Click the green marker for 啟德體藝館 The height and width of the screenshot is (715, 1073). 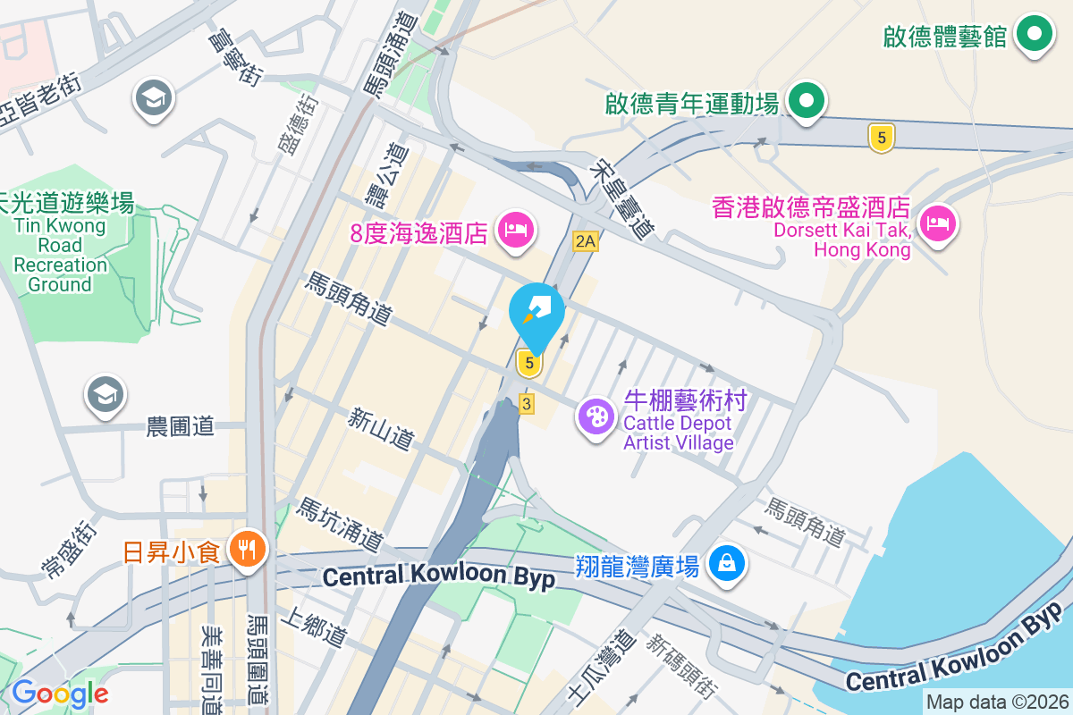1035,34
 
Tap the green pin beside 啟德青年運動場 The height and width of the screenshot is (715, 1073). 807,102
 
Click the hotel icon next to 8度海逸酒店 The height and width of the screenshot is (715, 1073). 517,230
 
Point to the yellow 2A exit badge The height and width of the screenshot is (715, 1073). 586,241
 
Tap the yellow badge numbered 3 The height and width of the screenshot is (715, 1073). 527,405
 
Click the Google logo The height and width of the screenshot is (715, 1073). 60,694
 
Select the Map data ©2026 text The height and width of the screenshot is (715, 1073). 997,702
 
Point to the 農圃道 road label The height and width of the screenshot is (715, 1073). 181,426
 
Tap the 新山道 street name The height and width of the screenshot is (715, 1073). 382,427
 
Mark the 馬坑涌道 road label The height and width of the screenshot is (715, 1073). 342,524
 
